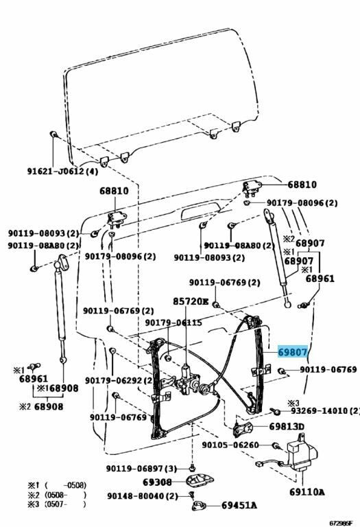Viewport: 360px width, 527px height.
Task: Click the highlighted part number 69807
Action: [x=293, y=351]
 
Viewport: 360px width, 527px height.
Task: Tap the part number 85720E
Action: [x=191, y=301]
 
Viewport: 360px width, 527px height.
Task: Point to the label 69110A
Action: [x=307, y=492]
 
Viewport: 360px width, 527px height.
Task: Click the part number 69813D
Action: [x=287, y=426]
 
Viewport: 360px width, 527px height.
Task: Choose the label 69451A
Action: [x=239, y=506]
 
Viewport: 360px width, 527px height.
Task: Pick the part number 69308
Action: [x=157, y=482]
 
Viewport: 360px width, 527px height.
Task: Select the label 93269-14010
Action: [x=321, y=411]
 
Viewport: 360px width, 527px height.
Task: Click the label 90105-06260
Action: [x=230, y=445]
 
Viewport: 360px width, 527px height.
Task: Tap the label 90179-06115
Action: [x=173, y=323]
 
